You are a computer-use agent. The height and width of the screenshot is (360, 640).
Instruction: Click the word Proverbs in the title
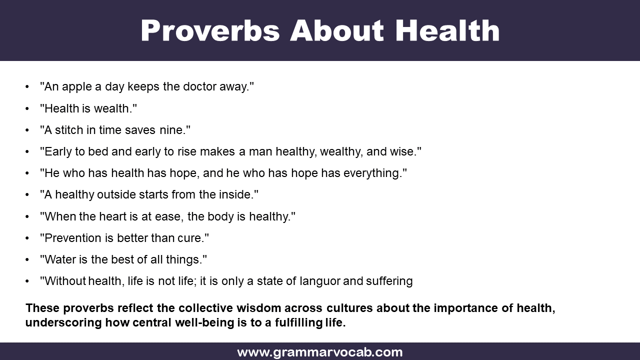tap(210, 30)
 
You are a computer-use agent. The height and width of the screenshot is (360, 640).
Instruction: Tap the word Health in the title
tap(447, 30)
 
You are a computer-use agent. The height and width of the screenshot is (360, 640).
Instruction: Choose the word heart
tap(111, 216)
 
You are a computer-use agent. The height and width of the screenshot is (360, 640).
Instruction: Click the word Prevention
tap(72, 238)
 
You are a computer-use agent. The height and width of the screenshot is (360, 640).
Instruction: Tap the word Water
tap(58, 259)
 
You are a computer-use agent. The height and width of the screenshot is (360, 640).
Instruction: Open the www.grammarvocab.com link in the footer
tap(319, 352)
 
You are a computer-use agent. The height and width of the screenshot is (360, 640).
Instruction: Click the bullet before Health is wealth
tap(27, 108)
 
